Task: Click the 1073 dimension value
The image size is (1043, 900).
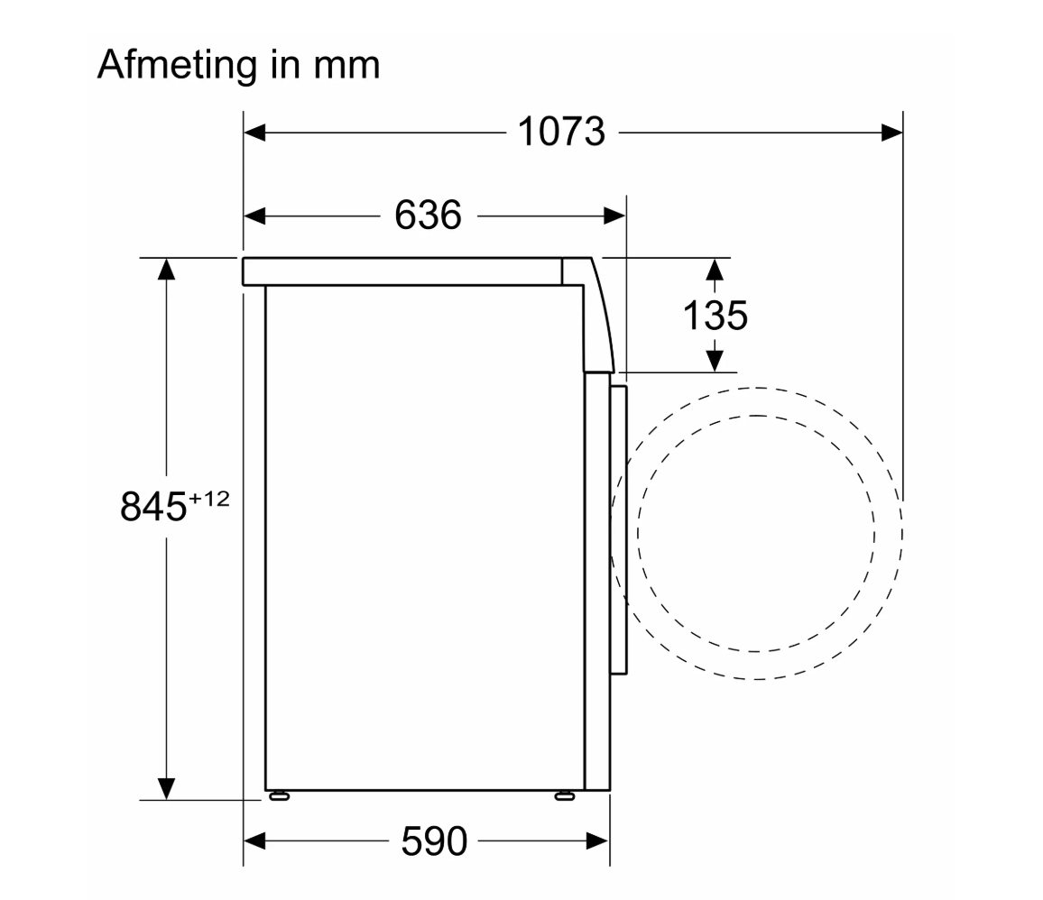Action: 561,132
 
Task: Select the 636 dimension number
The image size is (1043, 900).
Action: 428,216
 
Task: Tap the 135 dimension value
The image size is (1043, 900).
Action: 715,315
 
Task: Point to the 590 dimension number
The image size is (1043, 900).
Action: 434,841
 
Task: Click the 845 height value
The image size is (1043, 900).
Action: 153,507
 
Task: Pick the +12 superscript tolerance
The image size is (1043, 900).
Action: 208,499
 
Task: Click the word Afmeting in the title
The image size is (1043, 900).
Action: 178,66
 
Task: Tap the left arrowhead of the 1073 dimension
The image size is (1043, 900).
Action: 254,133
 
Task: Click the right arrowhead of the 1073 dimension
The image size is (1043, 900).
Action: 892,133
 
